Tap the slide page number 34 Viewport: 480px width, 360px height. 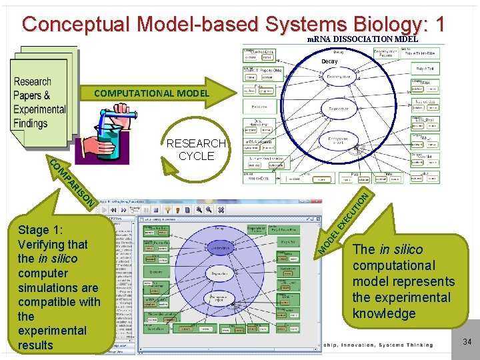tap(467, 342)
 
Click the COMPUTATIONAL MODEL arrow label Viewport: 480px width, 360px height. tap(151, 93)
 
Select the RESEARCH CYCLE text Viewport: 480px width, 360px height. tap(196, 149)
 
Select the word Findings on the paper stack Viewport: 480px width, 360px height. tap(30, 123)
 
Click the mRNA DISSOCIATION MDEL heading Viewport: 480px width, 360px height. tap(362, 39)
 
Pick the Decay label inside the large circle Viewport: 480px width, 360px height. tap(329, 61)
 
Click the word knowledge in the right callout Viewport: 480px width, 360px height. tap(383, 313)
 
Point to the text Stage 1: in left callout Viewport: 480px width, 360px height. tap(41, 230)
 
